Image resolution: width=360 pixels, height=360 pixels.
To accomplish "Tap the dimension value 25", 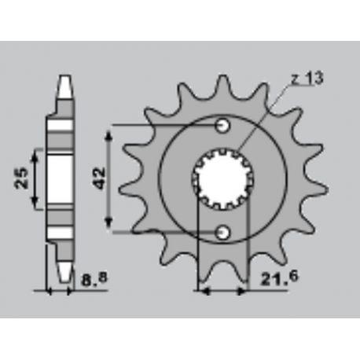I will coord(24,178).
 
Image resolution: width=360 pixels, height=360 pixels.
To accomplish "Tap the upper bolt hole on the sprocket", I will coord(223,126).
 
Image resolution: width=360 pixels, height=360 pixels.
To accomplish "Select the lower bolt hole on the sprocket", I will coord(223,232).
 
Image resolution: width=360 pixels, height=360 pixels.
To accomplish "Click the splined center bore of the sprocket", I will coord(223,178).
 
